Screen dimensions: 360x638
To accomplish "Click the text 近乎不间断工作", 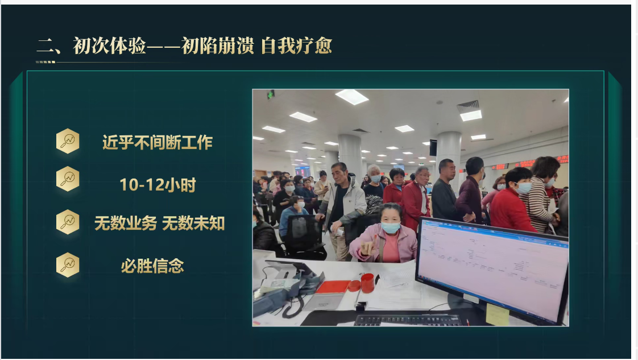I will (157, 142).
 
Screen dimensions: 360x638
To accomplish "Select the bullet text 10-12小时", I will (158, 184).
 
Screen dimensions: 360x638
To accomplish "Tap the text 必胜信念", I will (152, 266).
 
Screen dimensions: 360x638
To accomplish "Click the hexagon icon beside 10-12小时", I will (68, 179).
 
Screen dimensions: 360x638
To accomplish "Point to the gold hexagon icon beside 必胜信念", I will (68, 264).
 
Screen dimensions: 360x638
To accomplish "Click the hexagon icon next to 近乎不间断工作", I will (68, 141).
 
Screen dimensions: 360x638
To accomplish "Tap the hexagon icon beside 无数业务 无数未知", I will (68, 222).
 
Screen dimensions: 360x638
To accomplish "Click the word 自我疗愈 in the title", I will (296, 46).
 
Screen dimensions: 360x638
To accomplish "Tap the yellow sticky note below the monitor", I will (497, 315).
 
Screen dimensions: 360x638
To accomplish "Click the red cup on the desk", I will (367, 283).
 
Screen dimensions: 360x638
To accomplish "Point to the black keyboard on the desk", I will (407, 320).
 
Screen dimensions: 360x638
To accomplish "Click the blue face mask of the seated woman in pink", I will (390, 227).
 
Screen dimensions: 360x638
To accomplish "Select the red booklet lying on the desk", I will (333, 287).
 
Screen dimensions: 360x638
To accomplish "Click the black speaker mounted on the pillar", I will (433, 147).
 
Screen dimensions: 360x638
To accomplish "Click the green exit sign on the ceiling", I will (271, 94).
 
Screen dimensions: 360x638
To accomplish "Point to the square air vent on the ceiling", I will (468, 105).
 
